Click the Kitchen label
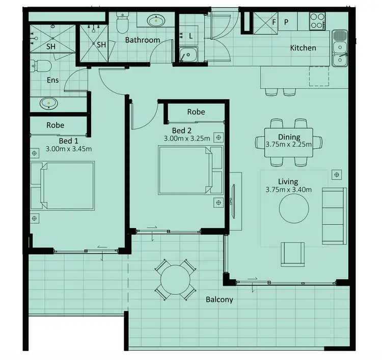303,48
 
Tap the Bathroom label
142,40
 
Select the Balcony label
219,299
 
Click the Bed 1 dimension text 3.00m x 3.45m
68,149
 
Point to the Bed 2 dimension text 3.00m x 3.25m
186,138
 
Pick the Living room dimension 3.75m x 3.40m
288,190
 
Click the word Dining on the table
288,137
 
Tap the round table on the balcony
175,280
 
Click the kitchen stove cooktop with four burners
317,21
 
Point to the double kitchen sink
339,48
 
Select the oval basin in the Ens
49,103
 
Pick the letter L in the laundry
190,36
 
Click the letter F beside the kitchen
274,22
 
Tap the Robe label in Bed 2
196,112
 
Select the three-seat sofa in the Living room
334,215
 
